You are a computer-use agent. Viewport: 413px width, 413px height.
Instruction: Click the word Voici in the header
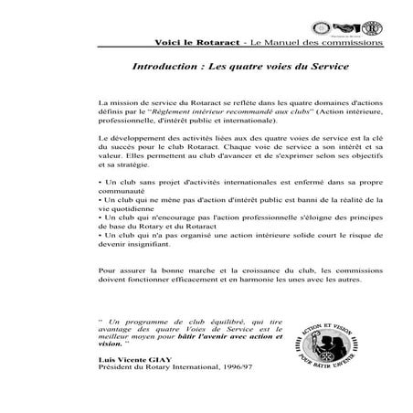coord(168,42)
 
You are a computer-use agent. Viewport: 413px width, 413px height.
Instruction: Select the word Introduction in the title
coord(164,68)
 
